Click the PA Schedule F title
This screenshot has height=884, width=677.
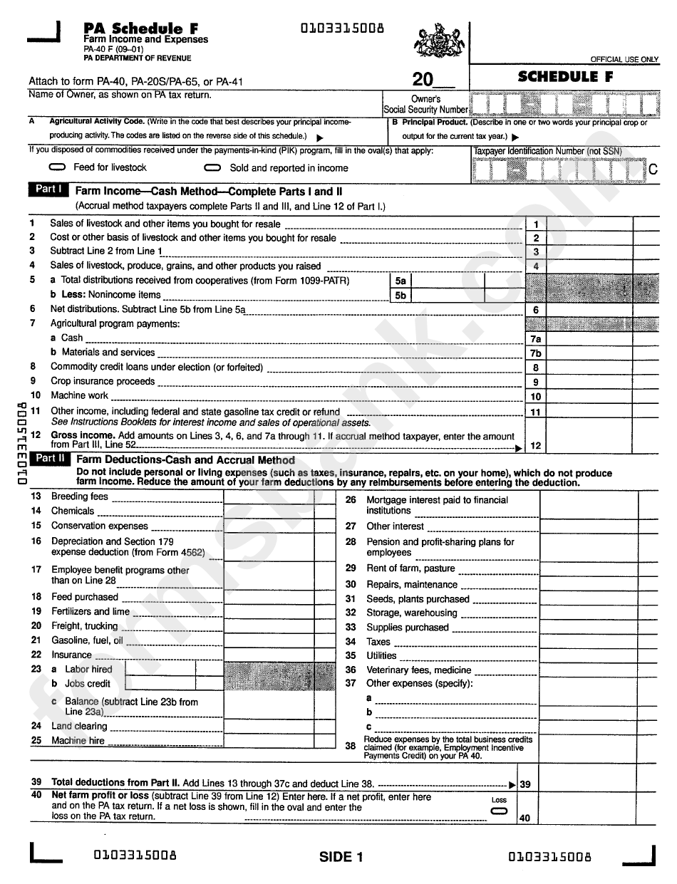pos(140,28)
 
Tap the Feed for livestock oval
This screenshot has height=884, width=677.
pos(59,167)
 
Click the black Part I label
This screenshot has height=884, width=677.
pos(49,189)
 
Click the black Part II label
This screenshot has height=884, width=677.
pos(51,459)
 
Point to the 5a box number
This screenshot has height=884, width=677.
pos(400,281)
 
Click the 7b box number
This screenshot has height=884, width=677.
pos(535,353)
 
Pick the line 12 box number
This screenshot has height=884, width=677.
pos(535,446)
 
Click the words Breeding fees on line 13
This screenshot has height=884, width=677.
pos(79,496)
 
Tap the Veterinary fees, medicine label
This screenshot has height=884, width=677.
pos(418,670)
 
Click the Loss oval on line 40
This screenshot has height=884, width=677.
pos(499,811)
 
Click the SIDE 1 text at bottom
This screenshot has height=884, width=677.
pos(341,857)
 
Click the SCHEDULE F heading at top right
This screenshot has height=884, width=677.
pos(565,77)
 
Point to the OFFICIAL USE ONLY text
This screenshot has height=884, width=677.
pos(624,60)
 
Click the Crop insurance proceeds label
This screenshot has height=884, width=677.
pos(102,381)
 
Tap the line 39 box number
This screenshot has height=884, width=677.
pos(525,784)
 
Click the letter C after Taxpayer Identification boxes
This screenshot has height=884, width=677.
pos(652,170)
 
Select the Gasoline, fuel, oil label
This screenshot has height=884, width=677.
pos(86,640)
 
